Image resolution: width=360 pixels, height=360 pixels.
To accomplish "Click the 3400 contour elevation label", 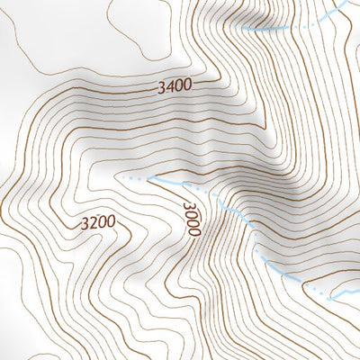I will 174,87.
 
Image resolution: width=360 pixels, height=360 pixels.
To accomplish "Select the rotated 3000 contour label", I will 190,219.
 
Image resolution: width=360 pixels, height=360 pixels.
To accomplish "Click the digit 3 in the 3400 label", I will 159,88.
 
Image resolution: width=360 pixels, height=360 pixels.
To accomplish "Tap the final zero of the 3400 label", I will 187,85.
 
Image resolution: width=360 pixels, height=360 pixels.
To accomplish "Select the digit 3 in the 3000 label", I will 188,205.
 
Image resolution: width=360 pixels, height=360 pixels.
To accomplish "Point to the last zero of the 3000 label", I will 192,232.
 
